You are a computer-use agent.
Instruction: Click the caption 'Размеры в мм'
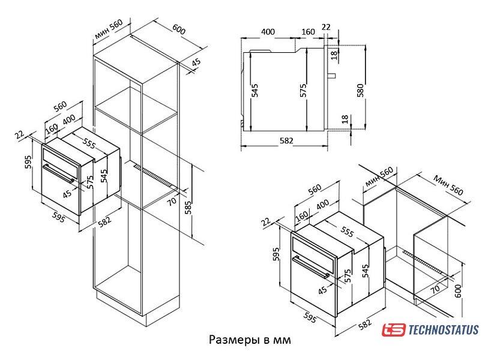click(250, 340)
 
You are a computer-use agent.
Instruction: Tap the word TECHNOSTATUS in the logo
click(444, 329)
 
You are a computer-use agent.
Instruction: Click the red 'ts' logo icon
click(393, 329)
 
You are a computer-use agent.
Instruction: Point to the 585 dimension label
click(188, 208)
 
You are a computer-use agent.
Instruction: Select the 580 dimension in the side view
click(361, 91)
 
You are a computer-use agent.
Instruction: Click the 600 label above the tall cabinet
click(179, 29)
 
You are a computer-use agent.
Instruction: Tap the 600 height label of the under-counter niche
click(458, 291)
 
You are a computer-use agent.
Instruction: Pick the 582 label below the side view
click(286, 141)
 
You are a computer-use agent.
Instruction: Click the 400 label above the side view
click(268, 32)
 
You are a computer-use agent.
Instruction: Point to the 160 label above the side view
click(308, 32)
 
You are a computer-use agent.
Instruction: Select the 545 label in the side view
click(255, 91)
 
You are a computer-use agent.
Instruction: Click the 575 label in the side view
click(303, 91)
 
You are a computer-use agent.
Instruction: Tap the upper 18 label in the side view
click(334, 55)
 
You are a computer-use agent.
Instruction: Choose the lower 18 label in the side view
click(345, 119)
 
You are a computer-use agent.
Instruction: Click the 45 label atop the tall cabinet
click(196, 62)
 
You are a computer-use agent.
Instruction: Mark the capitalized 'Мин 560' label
click(448, 185)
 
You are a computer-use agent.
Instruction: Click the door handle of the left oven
click(58, 174)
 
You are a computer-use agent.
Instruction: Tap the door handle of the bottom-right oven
click(310, 267)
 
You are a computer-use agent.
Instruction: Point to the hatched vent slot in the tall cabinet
click(154, 176)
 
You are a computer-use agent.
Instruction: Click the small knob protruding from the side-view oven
click(331, 76)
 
